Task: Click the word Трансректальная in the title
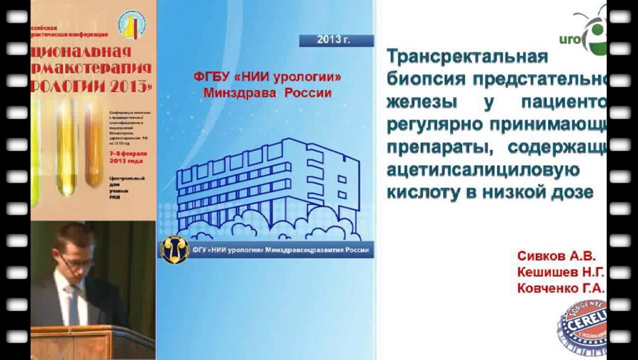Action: point(468,56)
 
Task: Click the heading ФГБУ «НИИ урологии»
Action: point(272,77)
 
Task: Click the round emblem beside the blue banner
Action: point(174,251)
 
